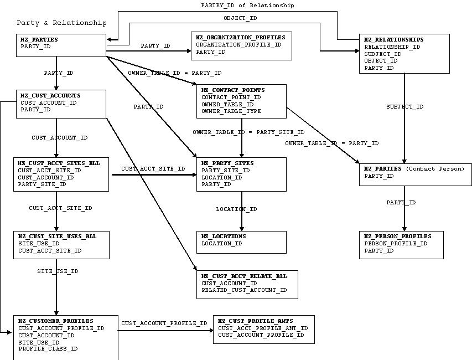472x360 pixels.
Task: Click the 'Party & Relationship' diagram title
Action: pyautogui.click(x=61, y=23)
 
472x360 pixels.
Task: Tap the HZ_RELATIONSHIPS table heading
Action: pyautogui.click(x=393, y=40)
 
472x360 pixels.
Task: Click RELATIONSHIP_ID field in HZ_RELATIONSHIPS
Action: pyautogui.click(x=392, y=47)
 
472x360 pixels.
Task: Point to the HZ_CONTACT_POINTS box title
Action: pyautogui.click(x=233, y=90)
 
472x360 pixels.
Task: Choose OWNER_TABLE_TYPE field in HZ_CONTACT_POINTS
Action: pyautogui.click(x=231, y=111)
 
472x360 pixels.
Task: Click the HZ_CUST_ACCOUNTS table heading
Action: pyautogui.click(x=50, y=95)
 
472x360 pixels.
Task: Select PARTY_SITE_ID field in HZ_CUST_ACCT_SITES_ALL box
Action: pyautogui.click(x=42, y=184)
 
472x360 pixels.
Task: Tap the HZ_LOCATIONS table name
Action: pyautogui.click(x=224, y=236)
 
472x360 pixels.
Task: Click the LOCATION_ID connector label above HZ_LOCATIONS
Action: pyautogui.click(x=236, y=209)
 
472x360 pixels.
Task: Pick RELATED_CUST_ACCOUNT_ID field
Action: pyautogui.click(x=244, y=290)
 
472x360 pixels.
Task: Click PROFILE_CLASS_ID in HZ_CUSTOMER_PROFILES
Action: pyautogui.click(x=48, y=349)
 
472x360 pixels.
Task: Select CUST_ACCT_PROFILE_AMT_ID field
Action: pyautogui.click(x=263, y=328)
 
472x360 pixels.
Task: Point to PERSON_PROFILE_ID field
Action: pyautogui.click(x=396, y=243)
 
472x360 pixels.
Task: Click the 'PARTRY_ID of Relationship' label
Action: pyautogui.click(x=247, y=5)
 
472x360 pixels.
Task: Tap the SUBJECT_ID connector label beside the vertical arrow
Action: pyautogui.click(x=405, y=107)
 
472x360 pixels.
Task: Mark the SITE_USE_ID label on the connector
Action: pyautogui.click(x=58, y=271)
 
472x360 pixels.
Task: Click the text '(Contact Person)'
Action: pyautogui.click(x=435, y=168)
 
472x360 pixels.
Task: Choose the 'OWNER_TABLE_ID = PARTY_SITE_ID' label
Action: pyautogui.click(x=248, y=132)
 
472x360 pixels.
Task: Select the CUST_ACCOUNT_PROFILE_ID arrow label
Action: pyautogui.click(x=164, y=323)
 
